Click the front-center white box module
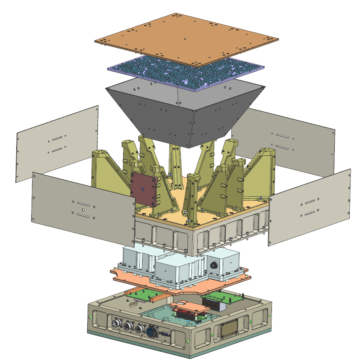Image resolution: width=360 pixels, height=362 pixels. point(173,270)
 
